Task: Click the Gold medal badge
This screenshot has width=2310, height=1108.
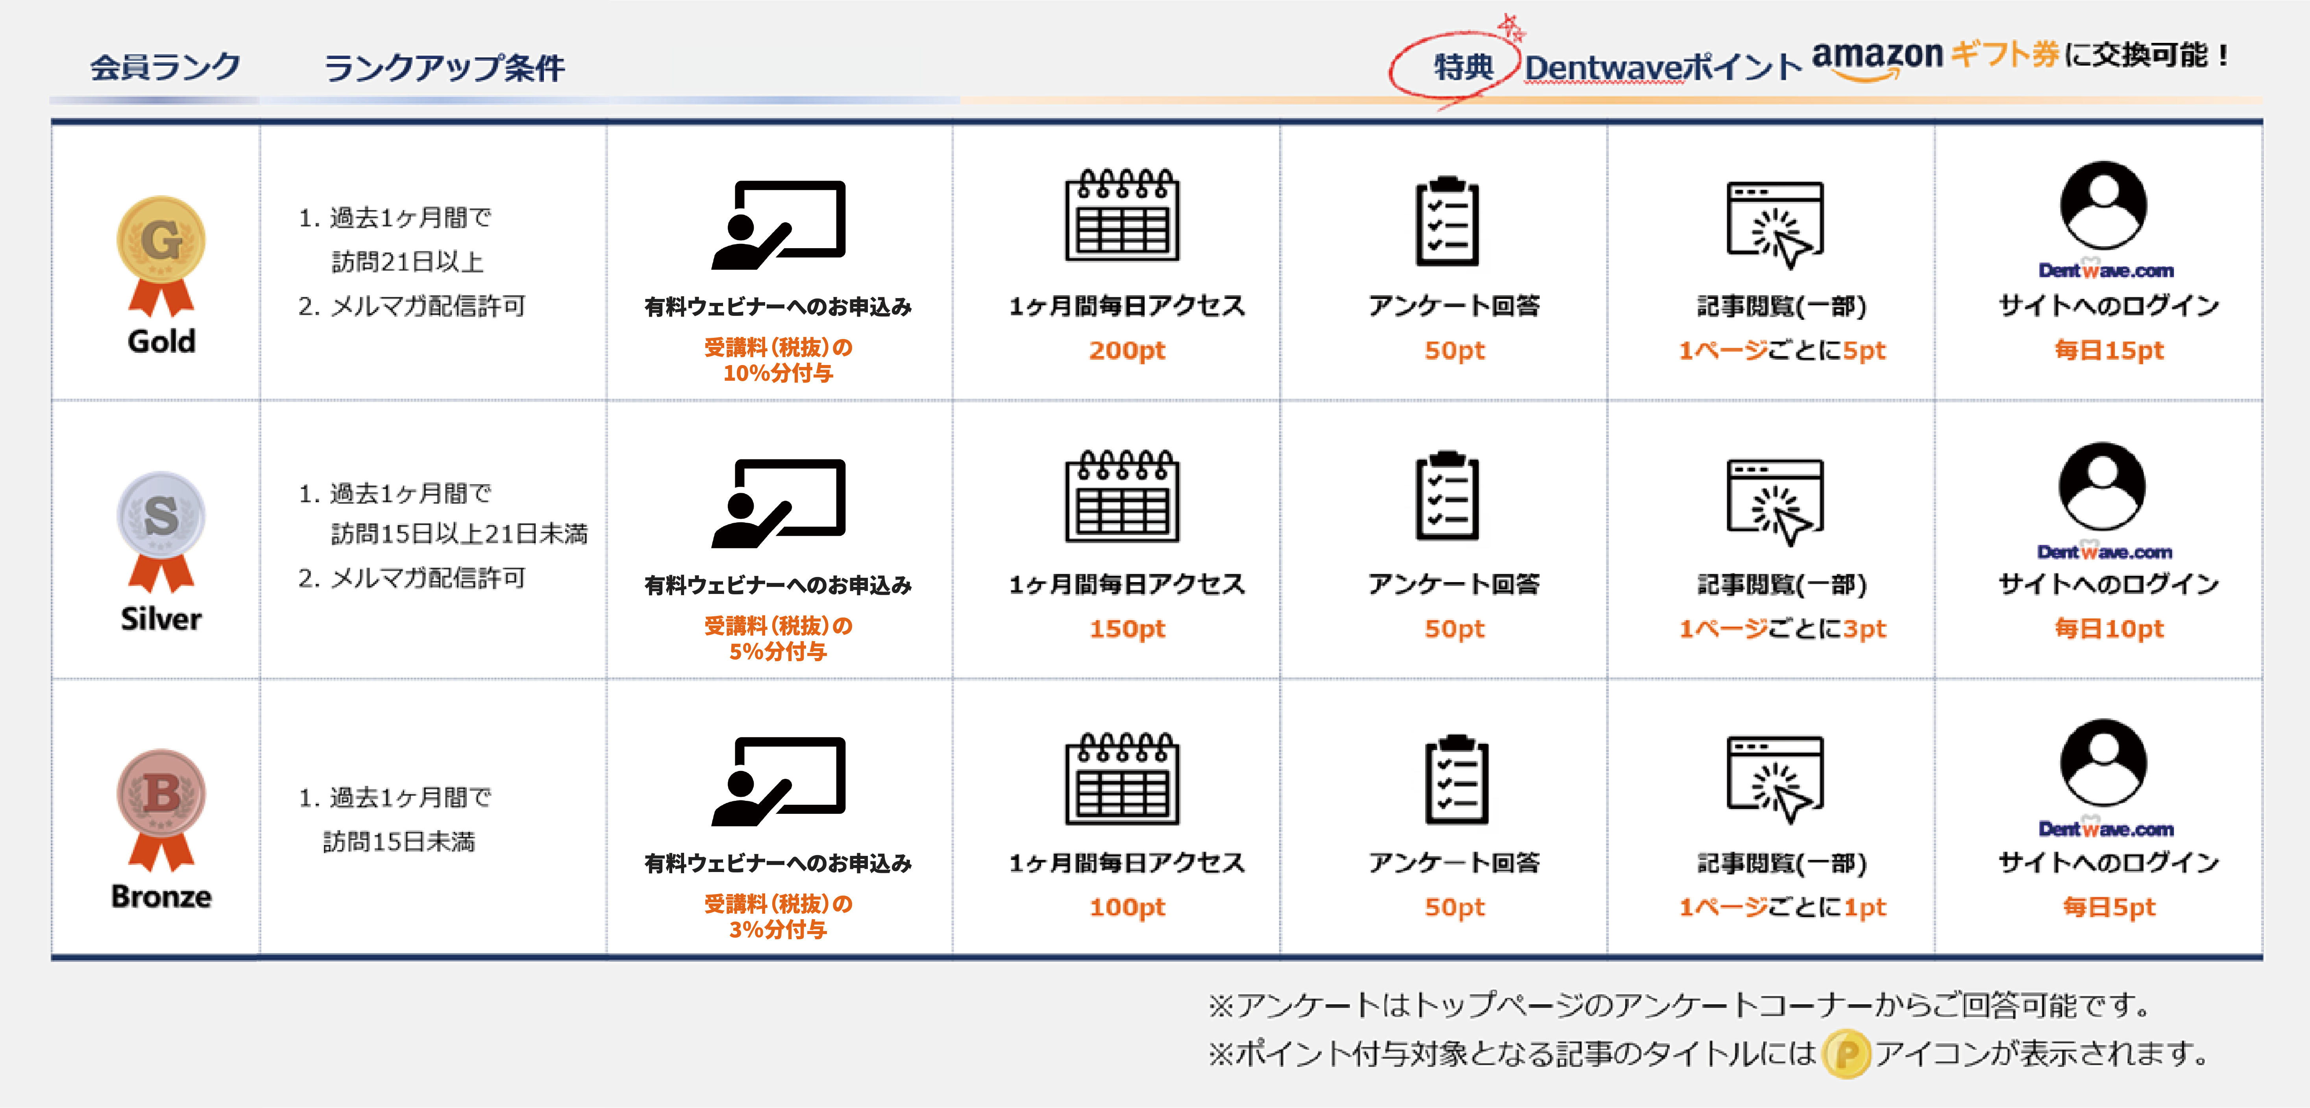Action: pos(161,256)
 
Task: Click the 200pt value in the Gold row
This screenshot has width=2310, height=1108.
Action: pos(1127,350)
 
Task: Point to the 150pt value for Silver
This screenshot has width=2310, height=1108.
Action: pos(1127,629)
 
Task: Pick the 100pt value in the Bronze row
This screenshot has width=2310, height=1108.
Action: pos(1127,907)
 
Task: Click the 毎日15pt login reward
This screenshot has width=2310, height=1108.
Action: pos(2109,350)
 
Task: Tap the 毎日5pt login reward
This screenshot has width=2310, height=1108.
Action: pos(2109,907)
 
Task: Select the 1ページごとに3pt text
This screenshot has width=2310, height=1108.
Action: pos(1783,629)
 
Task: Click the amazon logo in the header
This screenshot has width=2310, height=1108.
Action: pos(1877,59)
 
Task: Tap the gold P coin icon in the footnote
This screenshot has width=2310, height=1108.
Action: pos(1846,1054)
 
